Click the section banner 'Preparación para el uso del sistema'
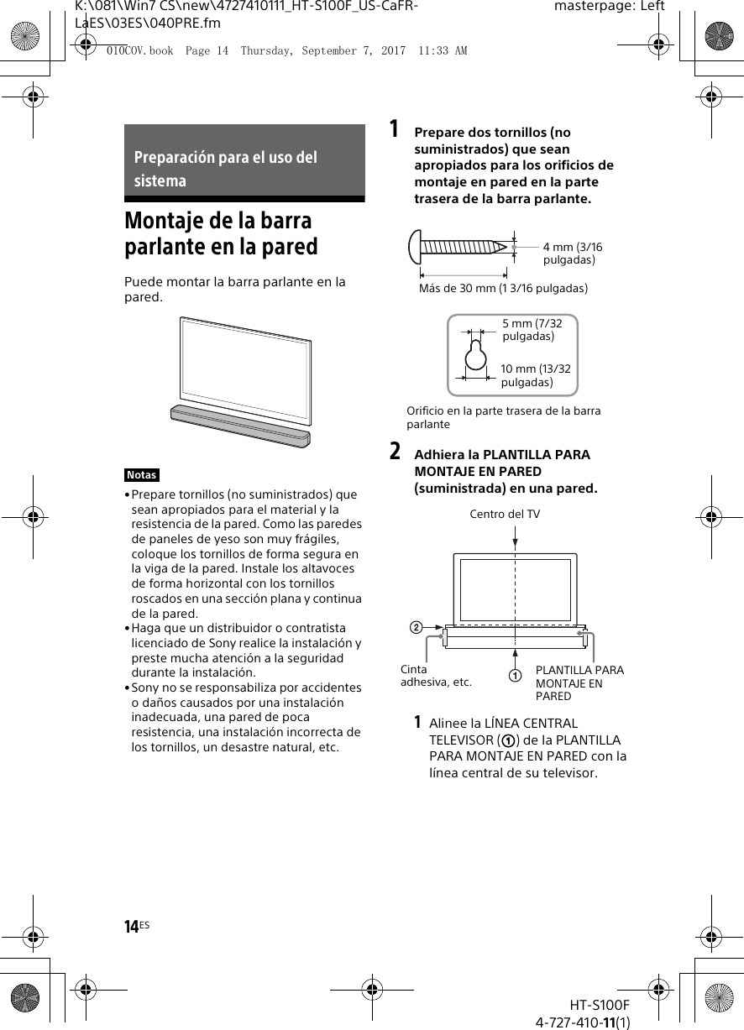point(244,169)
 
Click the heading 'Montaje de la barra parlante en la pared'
point(221,233)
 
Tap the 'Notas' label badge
point(142,475)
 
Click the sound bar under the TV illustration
point(240,426)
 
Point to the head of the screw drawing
point(414,246)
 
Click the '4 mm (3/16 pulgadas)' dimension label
point(572,254)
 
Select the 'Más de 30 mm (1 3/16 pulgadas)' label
point(503,288)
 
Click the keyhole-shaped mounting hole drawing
point(476,354)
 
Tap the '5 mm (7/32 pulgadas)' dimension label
point(532,330)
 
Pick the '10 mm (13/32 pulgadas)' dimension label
point(535,375)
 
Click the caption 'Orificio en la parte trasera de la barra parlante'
point(503,417)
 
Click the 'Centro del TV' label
point(505,514)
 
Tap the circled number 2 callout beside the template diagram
point(415,627)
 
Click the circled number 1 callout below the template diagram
point(514,675)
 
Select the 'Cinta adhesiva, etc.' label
point(436,676)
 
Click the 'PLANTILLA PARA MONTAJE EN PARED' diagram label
point(579,682)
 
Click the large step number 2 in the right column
point(394,452)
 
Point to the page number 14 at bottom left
point(132,927)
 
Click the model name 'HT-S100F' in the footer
point(600,1005)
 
